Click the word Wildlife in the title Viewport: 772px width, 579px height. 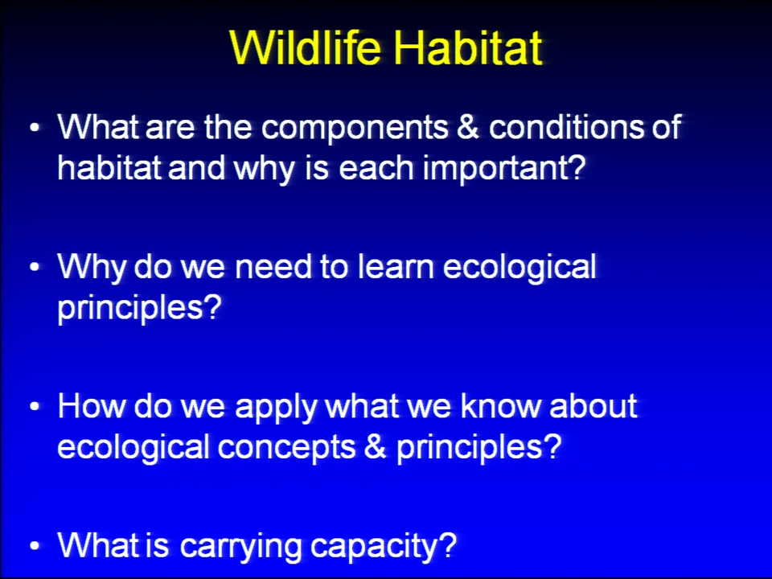[306, 47]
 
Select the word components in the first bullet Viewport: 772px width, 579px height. [355, 129]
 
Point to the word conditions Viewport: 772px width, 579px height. [566, 126]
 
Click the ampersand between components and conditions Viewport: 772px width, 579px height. [468, 126]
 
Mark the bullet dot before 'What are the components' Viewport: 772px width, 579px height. [34, 127]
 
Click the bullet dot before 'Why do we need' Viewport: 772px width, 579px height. [34, 267]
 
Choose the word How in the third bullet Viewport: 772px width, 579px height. [91, 406]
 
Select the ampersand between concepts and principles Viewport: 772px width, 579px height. [376, 448]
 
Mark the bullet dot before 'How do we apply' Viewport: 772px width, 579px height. [34, 407]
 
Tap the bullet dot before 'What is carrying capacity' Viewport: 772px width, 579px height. [34, 547]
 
